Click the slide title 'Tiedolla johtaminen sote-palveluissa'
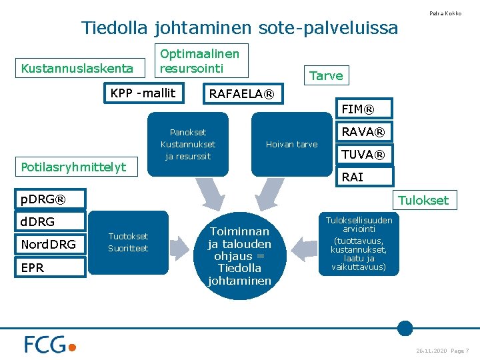point(239,28)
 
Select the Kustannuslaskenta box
point(77,68)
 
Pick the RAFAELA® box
point(241,94)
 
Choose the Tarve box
point(326,75)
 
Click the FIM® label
point(357,109)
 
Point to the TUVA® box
point(363,155)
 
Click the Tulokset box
point(423,200)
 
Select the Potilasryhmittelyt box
point(73,167)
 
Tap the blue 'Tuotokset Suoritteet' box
point(128,243)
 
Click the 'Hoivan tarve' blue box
point(291,145)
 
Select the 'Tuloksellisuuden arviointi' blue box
point(359,244)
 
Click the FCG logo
point(50,344)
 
